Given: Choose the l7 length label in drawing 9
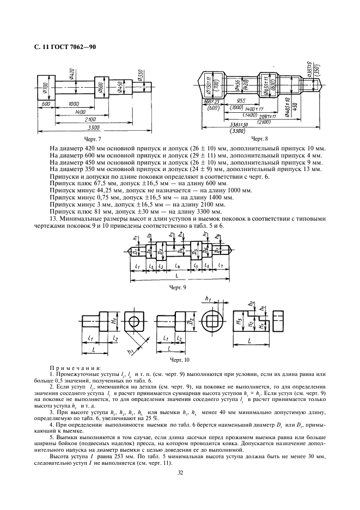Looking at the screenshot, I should (221, 265).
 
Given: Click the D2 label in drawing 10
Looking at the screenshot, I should (192, 319).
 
